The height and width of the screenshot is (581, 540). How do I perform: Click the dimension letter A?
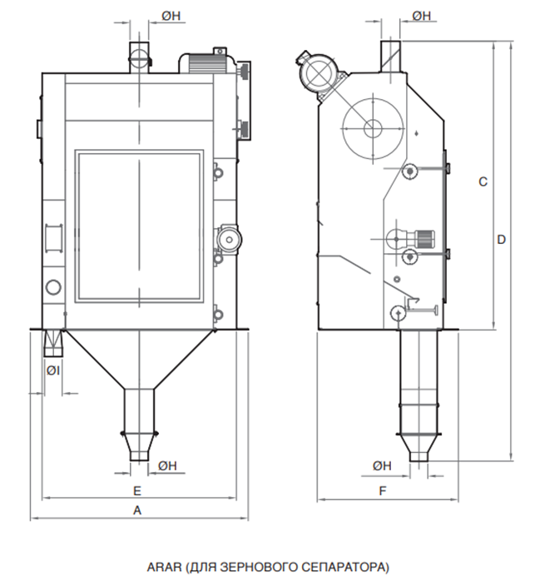click(137, 510)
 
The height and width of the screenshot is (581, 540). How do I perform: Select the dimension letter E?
click(137, 491)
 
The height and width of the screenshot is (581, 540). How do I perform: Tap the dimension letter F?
click(383, 491)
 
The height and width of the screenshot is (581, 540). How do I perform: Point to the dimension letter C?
click(483, 181)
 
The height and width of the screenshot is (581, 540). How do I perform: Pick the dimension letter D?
click(501, 240)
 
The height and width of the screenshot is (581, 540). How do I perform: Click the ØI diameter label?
click(53, 370)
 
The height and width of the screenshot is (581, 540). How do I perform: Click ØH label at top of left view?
click(171, 16)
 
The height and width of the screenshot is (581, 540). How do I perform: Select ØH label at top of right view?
click(422, 16)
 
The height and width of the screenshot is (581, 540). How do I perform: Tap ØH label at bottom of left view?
click(167, 466)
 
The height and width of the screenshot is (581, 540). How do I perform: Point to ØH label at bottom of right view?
click(382, 466)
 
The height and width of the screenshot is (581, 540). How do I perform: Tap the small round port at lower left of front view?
click(53, 287)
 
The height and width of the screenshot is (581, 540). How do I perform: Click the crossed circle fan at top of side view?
click(318, 73)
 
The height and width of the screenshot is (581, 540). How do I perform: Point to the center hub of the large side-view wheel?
click(373, 128)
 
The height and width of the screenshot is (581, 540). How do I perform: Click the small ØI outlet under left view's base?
click(53, 343)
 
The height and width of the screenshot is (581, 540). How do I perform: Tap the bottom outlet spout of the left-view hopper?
click(139, 447)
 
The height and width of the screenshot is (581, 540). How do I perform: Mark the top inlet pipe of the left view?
click(139, 57)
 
